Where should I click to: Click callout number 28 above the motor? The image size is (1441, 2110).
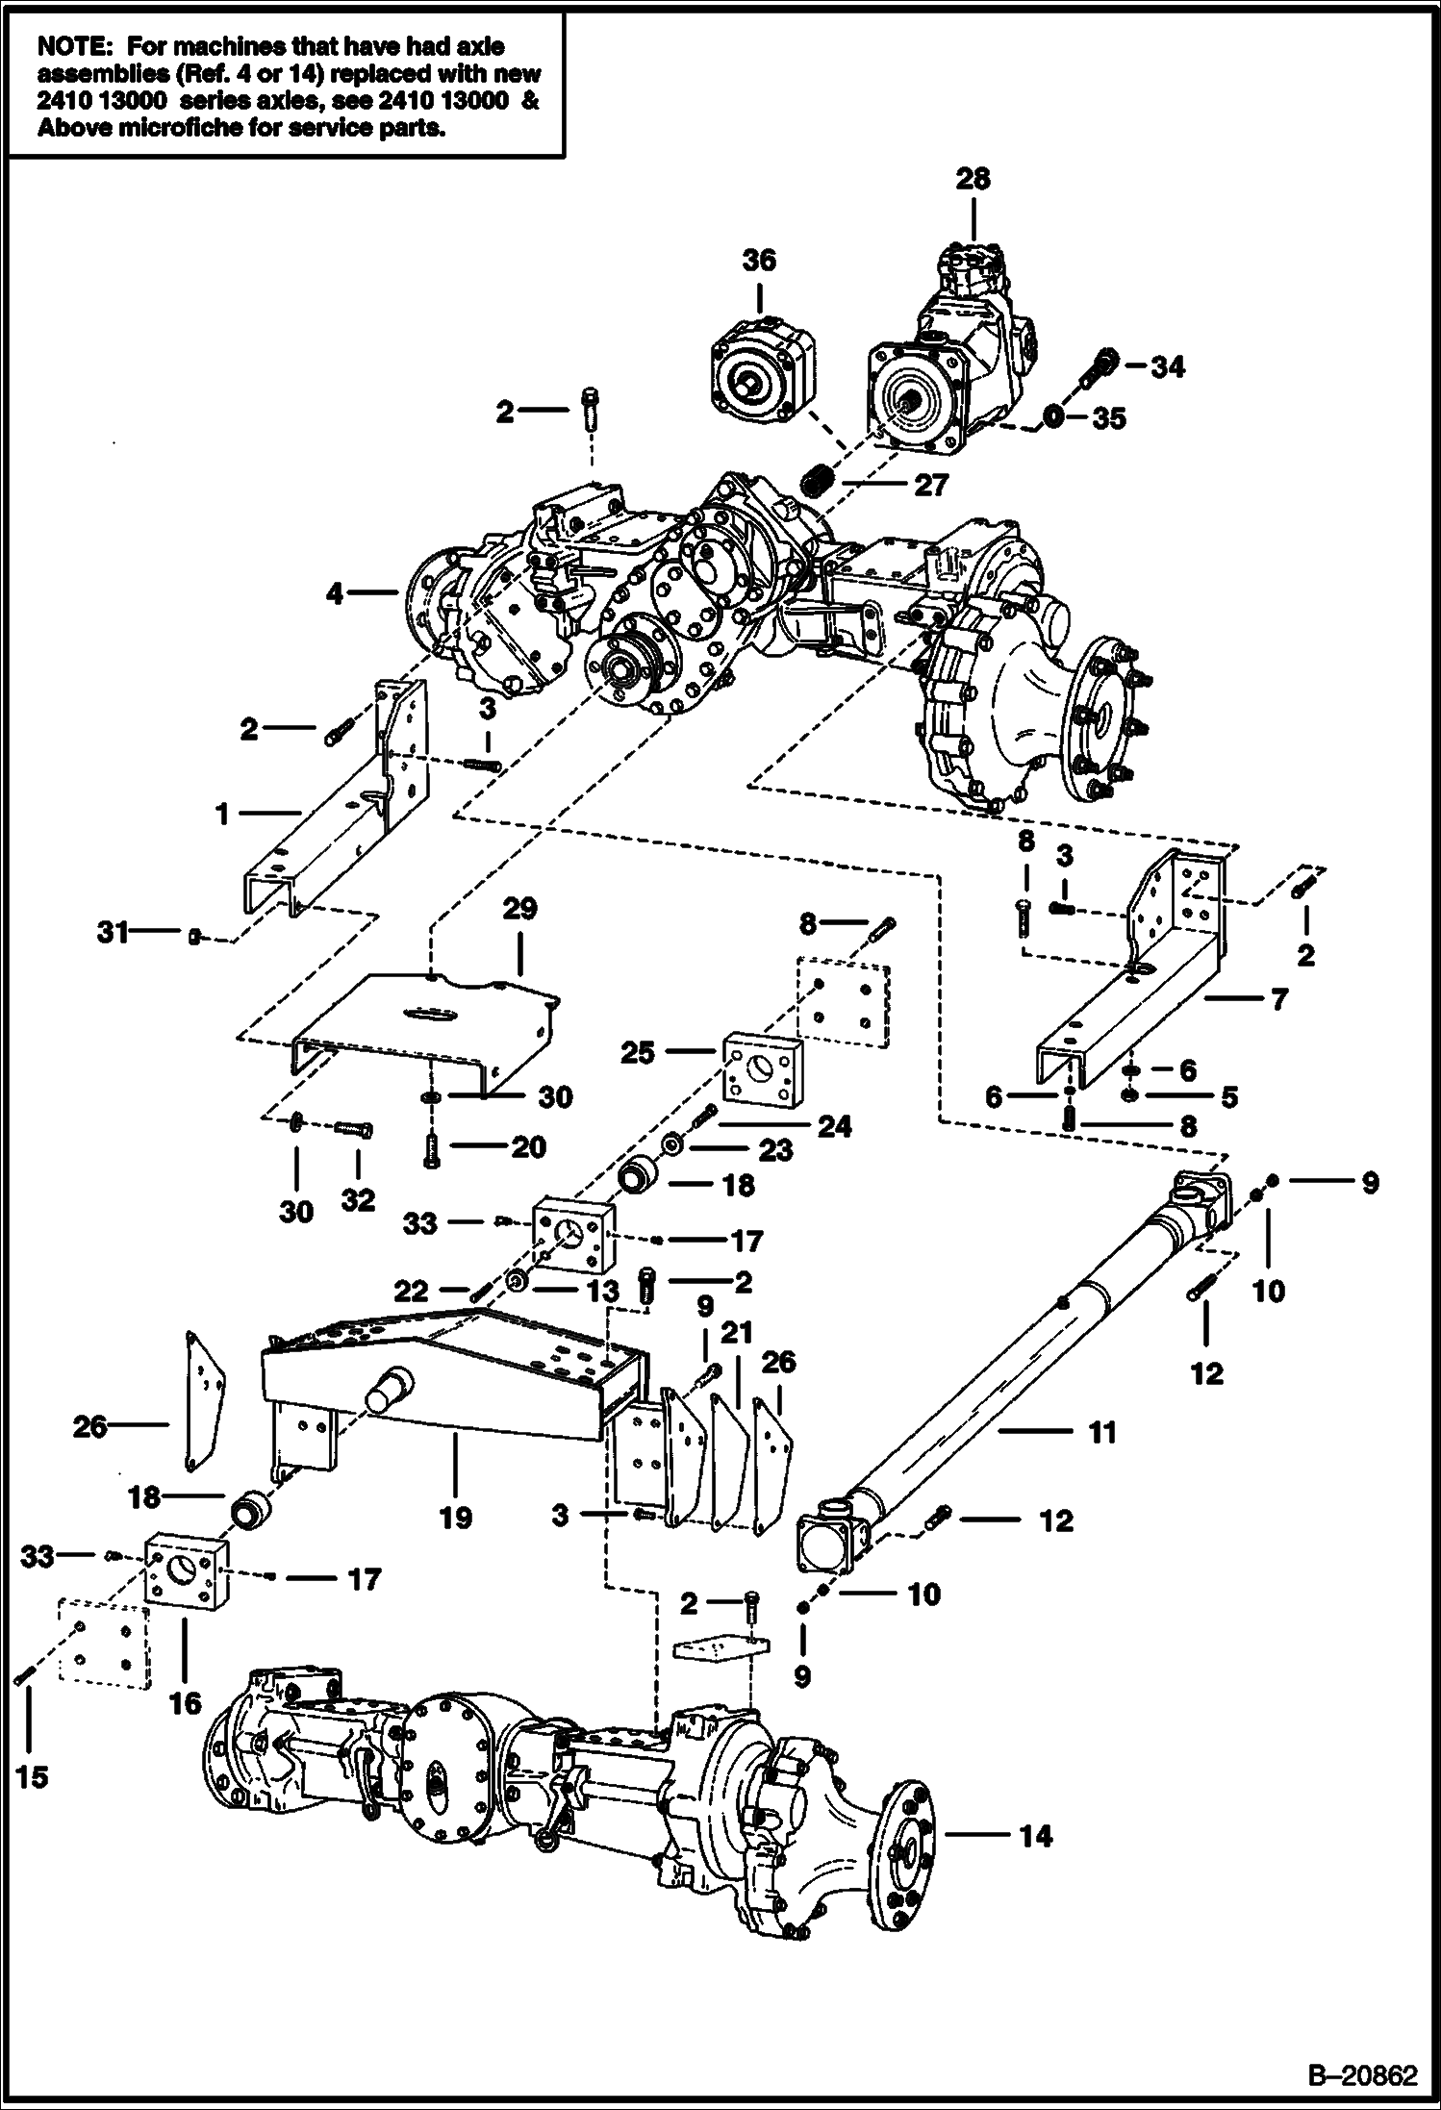click(x=973, y=179)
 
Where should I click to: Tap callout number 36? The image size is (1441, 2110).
click(x=759, y=261)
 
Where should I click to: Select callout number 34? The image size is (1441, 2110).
click(x=1168, y=366)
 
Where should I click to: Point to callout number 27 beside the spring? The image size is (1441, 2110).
click(x=930, y=485)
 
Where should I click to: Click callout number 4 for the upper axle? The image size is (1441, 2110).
click(x=334, y=594)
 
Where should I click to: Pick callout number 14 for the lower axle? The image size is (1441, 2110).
click(x=1035, y=1836)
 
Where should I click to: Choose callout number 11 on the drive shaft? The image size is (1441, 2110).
click(x=1101, y=1432)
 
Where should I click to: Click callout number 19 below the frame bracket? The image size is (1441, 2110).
click(x=456, y=1518)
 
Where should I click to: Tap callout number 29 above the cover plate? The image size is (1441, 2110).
click(x=519, y=909)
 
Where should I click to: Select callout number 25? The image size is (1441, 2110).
click(x=638, y=1053)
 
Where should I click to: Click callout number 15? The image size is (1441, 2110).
click(x=32, y=1776)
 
